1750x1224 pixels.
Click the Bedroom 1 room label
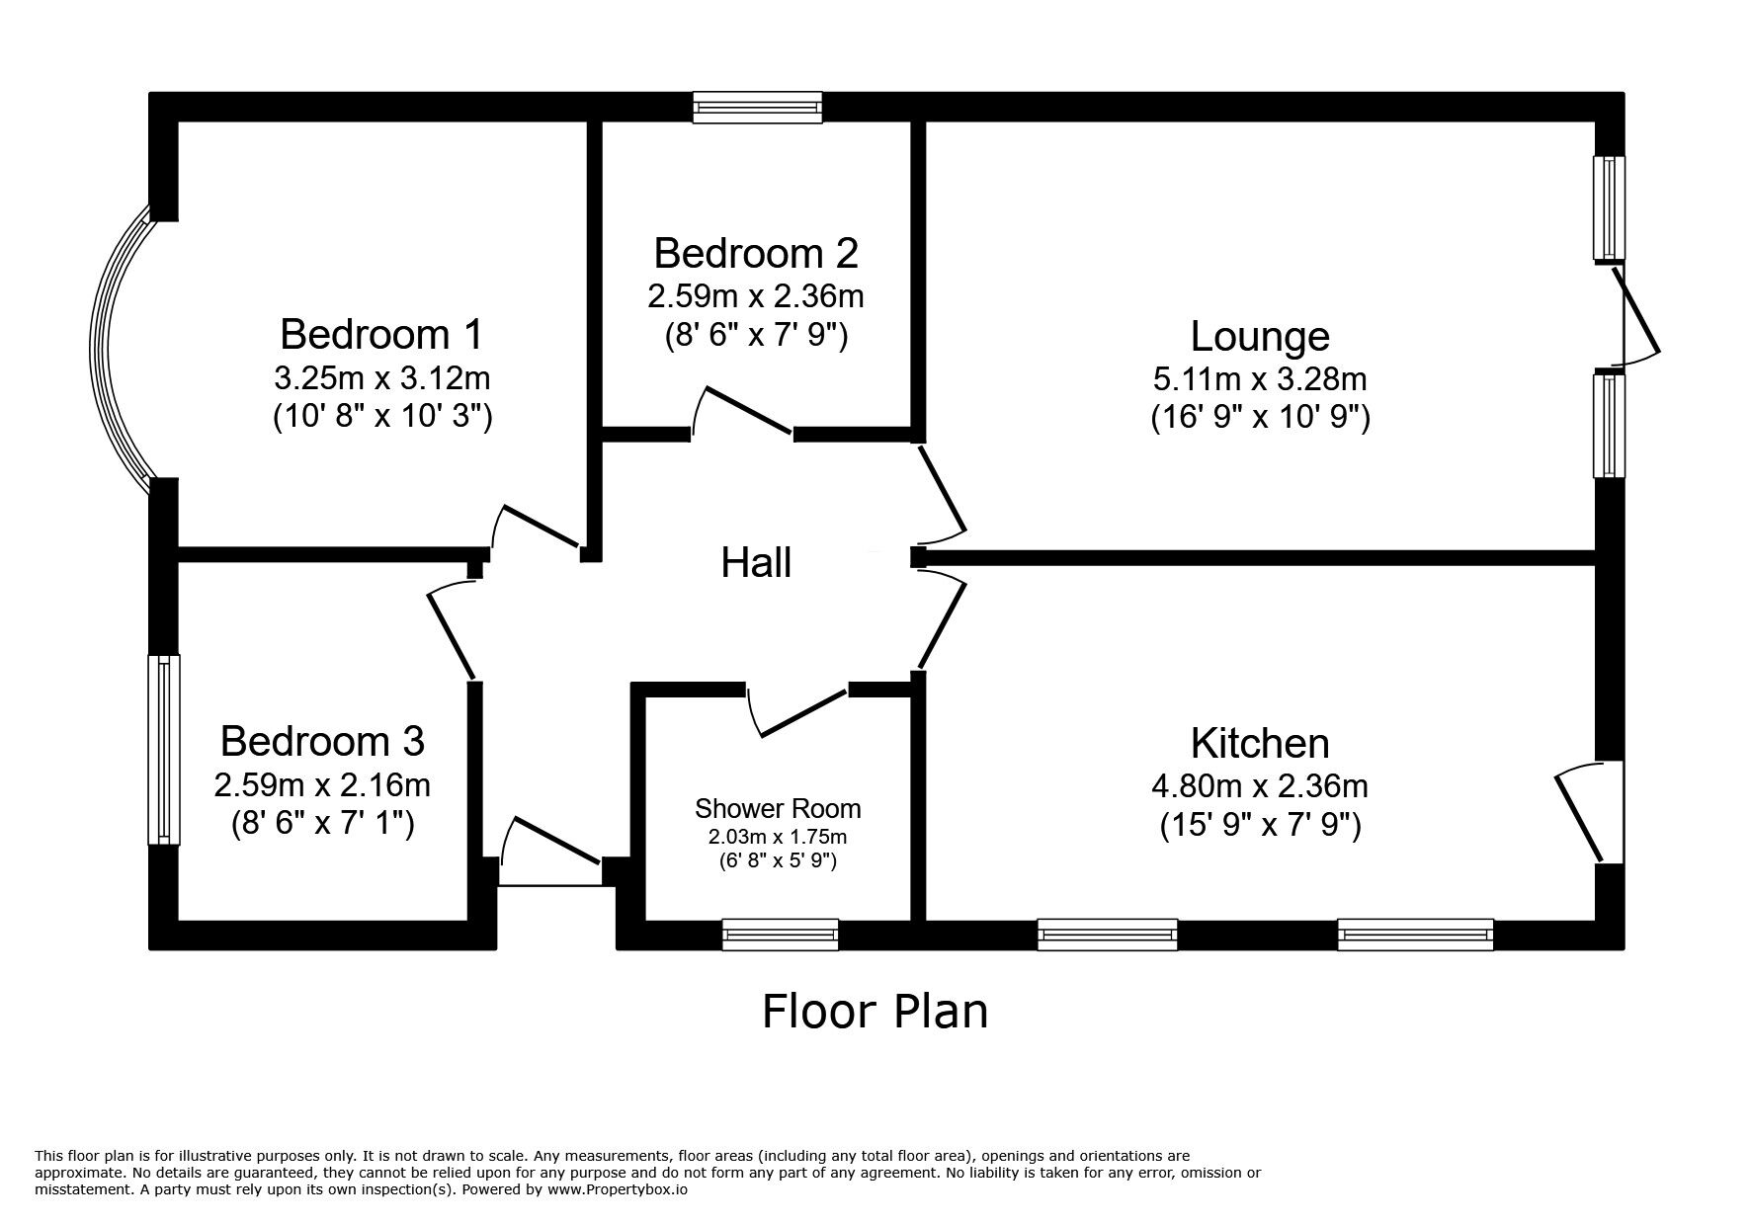tap(381, 334)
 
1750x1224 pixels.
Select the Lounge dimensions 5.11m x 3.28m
tap(1260, 378)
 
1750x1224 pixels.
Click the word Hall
tap(756, 563)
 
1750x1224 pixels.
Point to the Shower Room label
tap(778, 809)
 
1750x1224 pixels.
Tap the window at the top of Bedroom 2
tap(756, 107)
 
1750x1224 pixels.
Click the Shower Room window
tap(780, 934)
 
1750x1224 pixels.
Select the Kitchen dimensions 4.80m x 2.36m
tap(1260, 786)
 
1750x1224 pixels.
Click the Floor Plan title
tap(875, 1011)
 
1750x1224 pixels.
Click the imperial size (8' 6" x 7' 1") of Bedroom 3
tap(322, 823)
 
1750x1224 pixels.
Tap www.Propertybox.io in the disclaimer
tap(618, 1190)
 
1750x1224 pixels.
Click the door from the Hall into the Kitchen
tap(942, 624)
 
